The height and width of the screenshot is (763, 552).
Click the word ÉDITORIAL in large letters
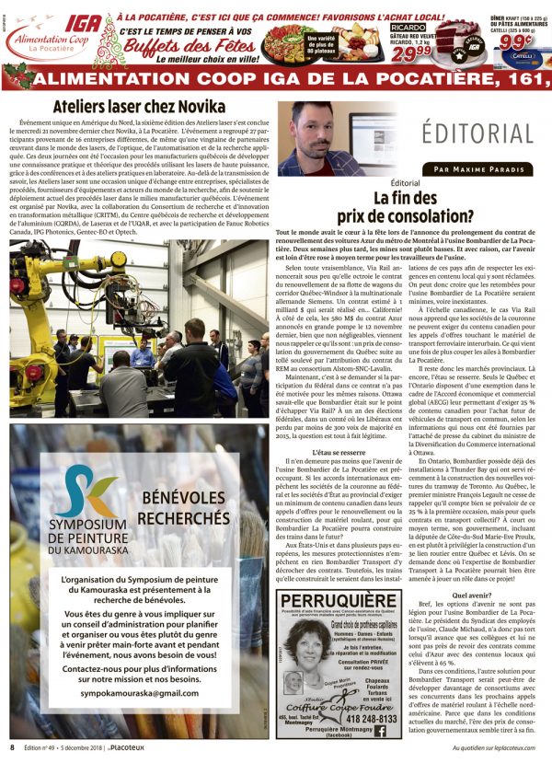tap(478, 132)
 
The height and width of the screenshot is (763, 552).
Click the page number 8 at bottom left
tap(12, 747)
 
